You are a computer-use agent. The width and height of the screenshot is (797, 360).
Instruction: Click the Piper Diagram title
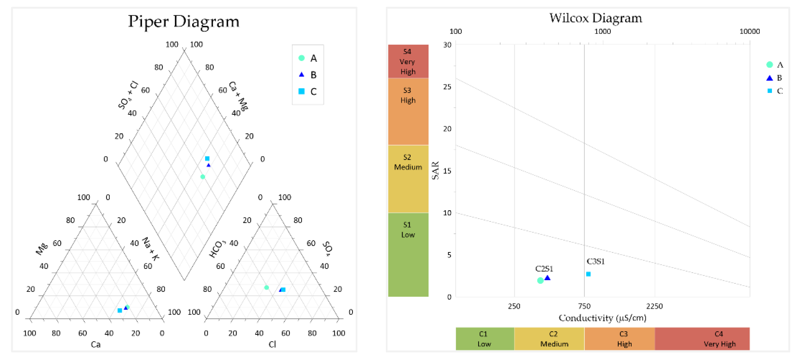coord(184,22)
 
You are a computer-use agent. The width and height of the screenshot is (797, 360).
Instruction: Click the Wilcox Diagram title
coord(595,18)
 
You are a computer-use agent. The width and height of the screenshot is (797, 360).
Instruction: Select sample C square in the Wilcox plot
coord(588,274)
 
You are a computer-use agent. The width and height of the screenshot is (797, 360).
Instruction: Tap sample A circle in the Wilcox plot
coord(540,280)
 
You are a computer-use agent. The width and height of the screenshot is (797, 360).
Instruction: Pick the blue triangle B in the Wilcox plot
coord(547,278)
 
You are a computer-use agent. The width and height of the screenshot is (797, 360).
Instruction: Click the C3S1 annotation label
coord(595,261)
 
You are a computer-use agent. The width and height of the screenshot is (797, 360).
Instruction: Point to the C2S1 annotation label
coord(544,269)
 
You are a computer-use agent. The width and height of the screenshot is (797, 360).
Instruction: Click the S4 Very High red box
coord(408,61)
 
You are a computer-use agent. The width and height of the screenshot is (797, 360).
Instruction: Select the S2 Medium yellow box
coord(408,179)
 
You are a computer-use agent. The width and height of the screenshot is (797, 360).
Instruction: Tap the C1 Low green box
coord(485,339)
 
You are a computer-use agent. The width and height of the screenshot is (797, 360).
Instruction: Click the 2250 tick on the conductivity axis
coord(654,306)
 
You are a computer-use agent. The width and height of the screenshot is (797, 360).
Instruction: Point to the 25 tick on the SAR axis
coord(447,87)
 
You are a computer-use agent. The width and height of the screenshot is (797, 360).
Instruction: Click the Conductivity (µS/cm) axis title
coord(602,318)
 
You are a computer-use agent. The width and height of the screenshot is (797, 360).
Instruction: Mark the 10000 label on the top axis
coord(749,31)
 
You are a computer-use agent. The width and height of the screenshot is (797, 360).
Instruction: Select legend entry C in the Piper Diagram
coord(308,91)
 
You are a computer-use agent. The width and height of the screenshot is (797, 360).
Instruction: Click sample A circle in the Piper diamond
coord(203,177)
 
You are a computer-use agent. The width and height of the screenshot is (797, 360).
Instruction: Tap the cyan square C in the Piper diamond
coord(207,158)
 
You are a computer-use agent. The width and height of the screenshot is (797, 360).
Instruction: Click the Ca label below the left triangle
coord(96,344)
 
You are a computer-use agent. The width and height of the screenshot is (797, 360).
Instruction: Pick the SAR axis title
coord(435,170)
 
